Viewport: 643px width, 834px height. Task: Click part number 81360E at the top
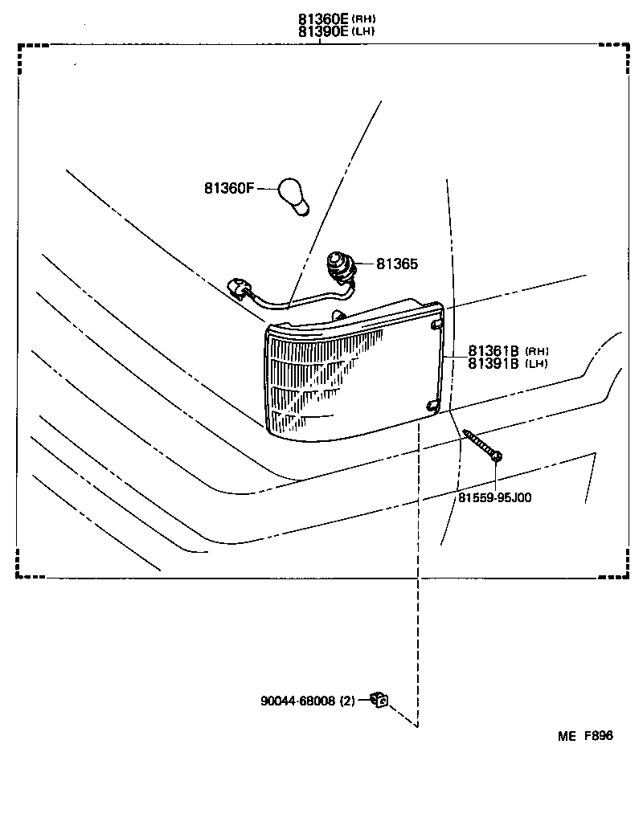pyautogui.click(x=323, y=19)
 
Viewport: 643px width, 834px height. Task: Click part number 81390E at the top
pyautogui.click(x=323, y=31)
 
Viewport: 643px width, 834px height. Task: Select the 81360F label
pyautogui.click(x=229, y=188)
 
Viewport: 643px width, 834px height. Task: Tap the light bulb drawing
pyautogui.click(x=294, y=196)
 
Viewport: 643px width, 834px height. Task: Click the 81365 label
pyautogui.click(x=397, y=264)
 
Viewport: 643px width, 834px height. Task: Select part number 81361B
pyautogui.click(x=494, y=351)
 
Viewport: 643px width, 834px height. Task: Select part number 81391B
pyautogui.click(x=494, y=363)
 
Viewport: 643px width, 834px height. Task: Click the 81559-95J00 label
pyautogui.click(x=495, y=498)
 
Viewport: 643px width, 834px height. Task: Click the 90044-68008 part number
pyautogui.click(x=298, y=701)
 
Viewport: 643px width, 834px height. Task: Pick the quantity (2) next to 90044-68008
pyautogui.click(x=347, y=701)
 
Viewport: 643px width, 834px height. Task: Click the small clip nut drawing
pyautogui.click(x=380, y=700)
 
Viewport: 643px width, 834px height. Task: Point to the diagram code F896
pyautogui.click(x=599, y=736)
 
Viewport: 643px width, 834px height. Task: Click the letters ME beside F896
pyautogui.click(x=567, y=736)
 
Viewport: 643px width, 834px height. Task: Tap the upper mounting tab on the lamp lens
pyautogui.click(x=436, y=325)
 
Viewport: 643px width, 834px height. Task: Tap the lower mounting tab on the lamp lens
pyautogui.click(x=432, y=406)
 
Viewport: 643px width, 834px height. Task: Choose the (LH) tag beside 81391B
pyautogui.click(x=536, y=364)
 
